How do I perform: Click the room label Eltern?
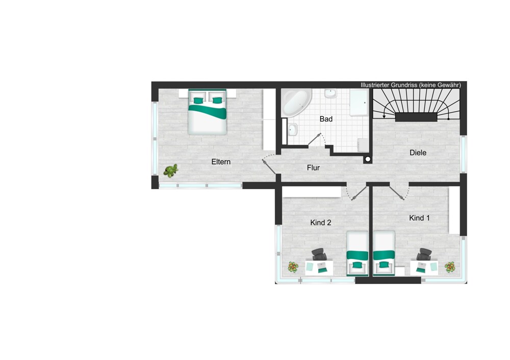coord(221,162)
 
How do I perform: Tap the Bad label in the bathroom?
coord(326,119)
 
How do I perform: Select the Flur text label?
coord(313,168)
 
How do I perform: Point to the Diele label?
coord(418,152)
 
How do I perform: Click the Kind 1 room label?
coord(419,218)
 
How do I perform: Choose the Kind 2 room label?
coord(321,223)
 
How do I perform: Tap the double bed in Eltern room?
coord(207,112)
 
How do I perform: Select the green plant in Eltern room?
coord(171,170)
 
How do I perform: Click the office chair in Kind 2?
coord(319,254)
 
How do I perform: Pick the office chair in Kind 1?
coord(424,254)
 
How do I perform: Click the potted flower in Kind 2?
coord(293,267)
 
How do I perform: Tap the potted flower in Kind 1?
coord(450,267)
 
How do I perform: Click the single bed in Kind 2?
coord(357,253)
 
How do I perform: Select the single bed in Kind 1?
coord(384,253)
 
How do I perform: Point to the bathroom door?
coord(315,139)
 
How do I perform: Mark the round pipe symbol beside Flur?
coord(368,160)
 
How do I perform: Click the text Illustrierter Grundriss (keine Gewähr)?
coord(411,85)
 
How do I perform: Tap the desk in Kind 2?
coord(319,268)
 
